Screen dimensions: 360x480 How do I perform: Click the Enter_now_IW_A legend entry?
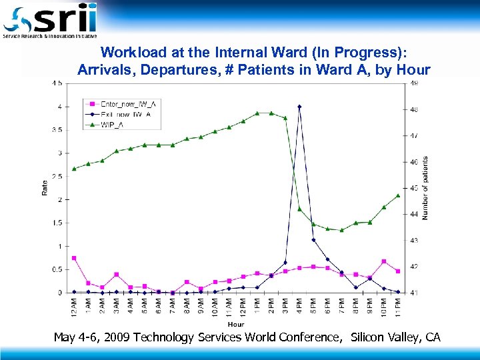(127, 103)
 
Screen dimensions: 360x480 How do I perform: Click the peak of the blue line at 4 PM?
(299, 107)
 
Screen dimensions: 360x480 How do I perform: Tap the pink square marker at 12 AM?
(74, 258)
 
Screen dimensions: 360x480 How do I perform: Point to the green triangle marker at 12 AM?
(74, 169)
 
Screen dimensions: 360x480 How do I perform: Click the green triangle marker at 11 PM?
(398, 195)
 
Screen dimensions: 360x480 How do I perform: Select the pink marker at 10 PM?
(384, 261)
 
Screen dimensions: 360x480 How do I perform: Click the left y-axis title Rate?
(45, 189)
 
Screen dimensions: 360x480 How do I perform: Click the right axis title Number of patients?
(426, 188)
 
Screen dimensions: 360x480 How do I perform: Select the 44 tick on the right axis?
(415, 214)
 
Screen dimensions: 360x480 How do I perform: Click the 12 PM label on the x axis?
(243, 307)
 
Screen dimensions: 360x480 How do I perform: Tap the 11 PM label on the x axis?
(399, 307)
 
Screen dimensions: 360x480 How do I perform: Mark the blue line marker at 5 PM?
(313, 240)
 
